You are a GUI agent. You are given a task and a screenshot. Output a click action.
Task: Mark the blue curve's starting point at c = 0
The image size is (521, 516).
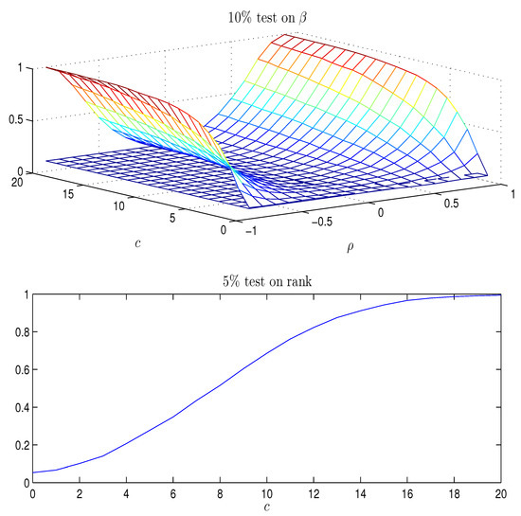click(34, 472)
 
